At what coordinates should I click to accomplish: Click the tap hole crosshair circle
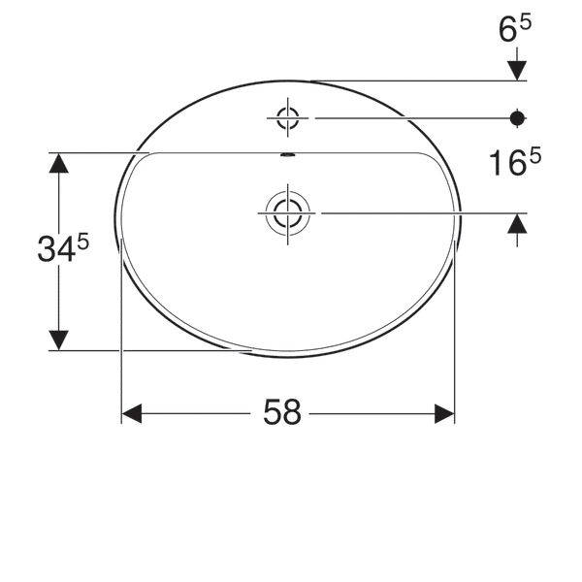[x=287, y=118]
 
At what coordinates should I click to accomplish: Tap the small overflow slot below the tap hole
[x=287, y=154]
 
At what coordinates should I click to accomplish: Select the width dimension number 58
[x=282, y=414]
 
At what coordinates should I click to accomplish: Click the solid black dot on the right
[x=517, y=118]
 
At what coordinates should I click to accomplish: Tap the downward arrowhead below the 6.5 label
[x=517, y=70]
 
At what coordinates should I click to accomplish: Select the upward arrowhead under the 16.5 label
[x=517, y=224]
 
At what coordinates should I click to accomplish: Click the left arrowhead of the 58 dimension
[x=132, y=414]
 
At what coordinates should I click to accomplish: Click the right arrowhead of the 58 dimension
[x=444, y=414]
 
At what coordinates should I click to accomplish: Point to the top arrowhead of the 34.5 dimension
[x=59, y=164]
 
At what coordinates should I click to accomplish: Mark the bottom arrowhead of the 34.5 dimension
[x=59, y=339]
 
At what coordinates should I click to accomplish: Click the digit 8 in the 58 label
[x=293, y=414]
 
